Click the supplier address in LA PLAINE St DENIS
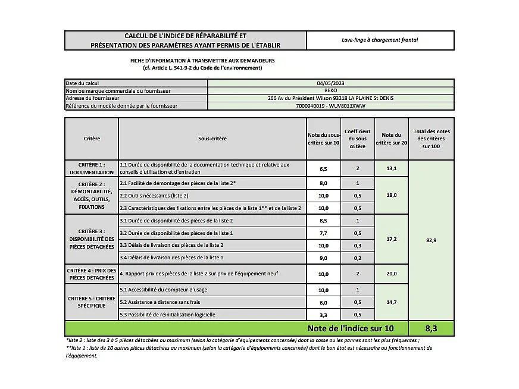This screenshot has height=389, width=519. click(x=330, y=98)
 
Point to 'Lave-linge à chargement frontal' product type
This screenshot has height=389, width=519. click(x=380, y=40)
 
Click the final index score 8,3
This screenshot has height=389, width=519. click(x=431, y=328)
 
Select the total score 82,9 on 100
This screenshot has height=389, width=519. click(x=431, y=239)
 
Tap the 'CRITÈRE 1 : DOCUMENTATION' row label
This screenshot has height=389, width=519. click(x=91, y=168)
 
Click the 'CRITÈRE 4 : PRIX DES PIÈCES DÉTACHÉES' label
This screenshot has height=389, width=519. click(x=91, y=274)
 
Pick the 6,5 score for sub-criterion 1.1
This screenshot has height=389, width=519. click(x=323, y=168)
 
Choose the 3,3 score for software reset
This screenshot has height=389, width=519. click(x=323, y=315)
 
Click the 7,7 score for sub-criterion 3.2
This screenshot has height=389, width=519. click(x=323, y=233)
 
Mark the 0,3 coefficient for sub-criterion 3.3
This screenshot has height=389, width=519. click(x=357, y=245)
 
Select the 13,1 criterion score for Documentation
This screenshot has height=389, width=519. click(x=391, y=168)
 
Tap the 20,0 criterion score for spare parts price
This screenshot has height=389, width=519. click(x=391, y=274)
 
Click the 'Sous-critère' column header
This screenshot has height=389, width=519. click(x=212, y=139)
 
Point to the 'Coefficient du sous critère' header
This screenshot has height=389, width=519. click(x=357, y=139)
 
